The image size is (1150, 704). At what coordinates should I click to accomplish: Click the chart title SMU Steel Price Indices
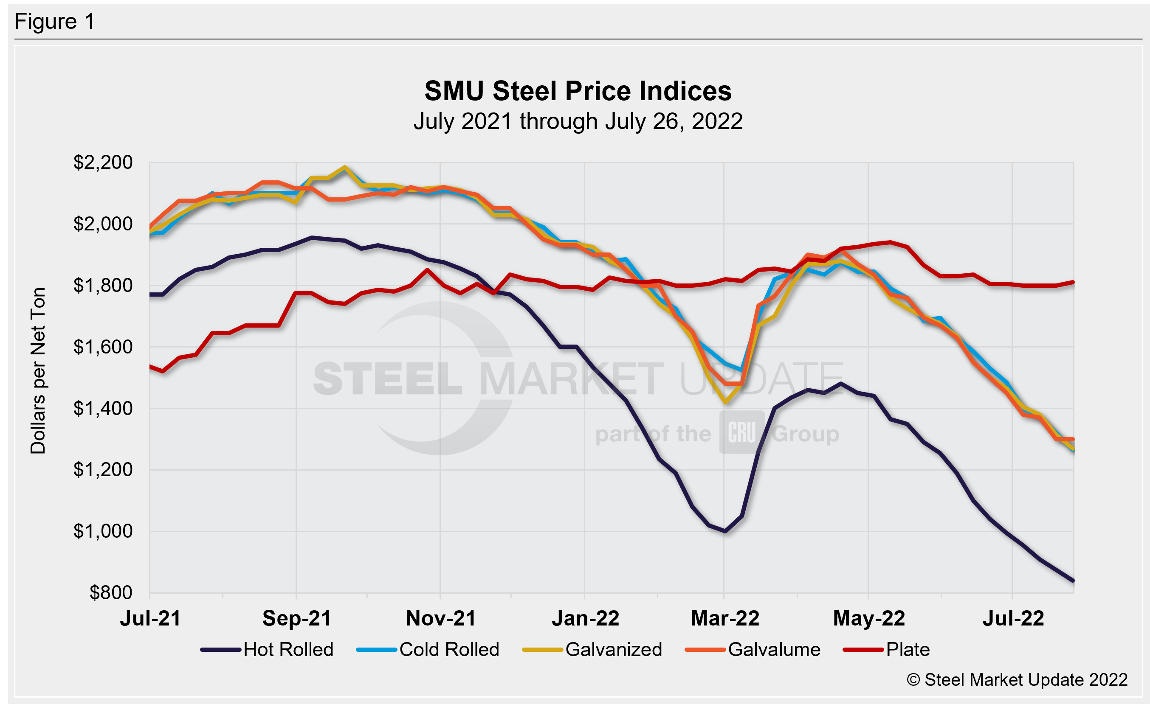(578, 90)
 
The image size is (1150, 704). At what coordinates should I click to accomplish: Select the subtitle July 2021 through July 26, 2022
(578, 121)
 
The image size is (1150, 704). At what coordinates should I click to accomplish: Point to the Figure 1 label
(55, 22)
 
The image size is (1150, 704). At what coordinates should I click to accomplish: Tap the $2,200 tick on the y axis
(103, 163)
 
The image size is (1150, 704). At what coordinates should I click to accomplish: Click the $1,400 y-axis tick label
(103, 408)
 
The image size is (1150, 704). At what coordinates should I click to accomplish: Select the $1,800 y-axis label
(103, 285)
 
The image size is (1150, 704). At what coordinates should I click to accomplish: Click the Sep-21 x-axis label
(296, 619)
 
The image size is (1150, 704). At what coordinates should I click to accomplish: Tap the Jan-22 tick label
(585, 619)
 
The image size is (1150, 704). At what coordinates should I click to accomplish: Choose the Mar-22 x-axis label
(725, 619)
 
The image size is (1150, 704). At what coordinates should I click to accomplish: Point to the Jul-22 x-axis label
(1013, 619)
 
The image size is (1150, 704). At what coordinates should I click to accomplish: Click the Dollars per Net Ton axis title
(38, 370)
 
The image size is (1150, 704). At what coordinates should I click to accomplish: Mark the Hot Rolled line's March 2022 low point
(725, 531)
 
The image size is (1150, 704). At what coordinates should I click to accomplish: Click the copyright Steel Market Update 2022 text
(1018, 680)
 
